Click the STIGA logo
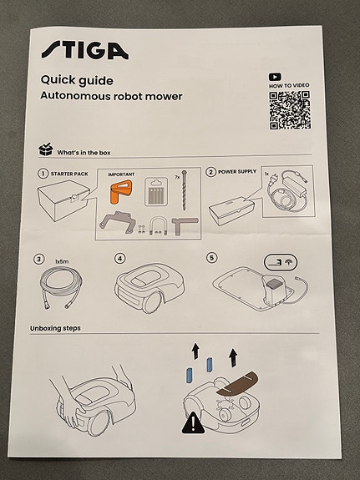click(x=84, y=50)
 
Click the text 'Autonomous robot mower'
click(x=111, y=96)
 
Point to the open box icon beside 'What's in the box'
click(x=46, y=150)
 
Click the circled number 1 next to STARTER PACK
click(x=43, y=174)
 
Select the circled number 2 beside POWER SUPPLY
click(x=210, y=172)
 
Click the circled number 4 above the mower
click(x=120, y=259)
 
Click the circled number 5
click(x=211, y=258)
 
